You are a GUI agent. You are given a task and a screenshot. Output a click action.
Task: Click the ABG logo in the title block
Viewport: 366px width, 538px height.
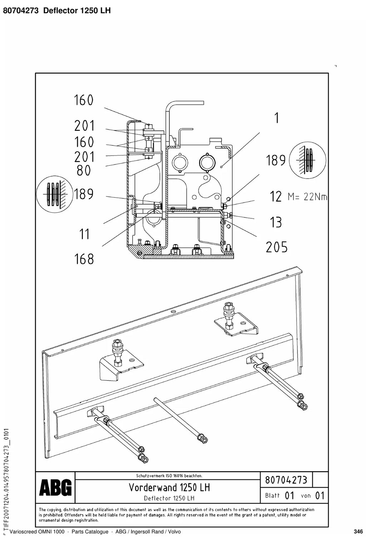[55, 487]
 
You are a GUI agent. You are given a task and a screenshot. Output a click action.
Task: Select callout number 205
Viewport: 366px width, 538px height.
[276, 247]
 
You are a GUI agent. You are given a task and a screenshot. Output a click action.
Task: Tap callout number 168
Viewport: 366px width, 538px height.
[84, 259]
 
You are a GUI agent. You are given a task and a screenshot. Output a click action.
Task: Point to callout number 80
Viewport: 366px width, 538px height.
[84, 171]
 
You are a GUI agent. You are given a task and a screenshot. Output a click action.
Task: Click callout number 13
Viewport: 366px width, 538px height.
[276, 222]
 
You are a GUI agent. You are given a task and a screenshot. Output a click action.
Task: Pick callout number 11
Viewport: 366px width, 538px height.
[84, 234]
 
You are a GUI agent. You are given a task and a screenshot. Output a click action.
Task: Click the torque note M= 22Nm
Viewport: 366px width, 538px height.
[307, 197]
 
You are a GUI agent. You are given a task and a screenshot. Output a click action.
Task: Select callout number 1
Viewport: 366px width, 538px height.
[277, 118]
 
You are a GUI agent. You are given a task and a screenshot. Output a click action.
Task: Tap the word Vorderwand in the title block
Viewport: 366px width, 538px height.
[153, 487]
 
